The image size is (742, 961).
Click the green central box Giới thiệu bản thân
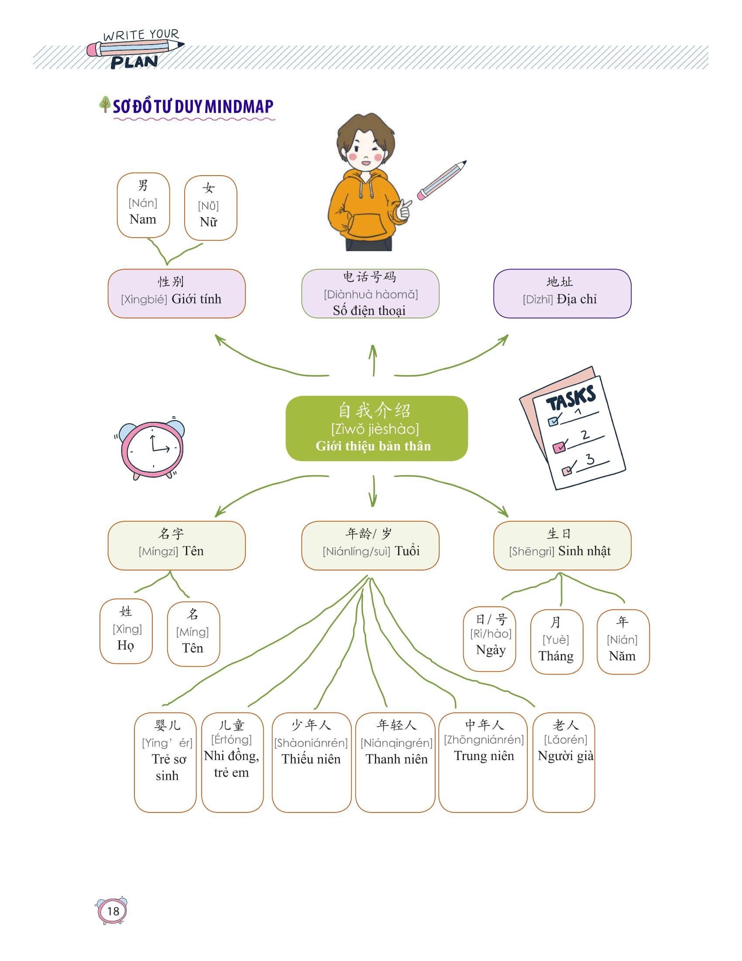376,428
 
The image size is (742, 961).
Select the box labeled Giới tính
176,294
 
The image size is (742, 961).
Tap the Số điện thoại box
370,294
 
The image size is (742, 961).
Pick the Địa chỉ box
562,294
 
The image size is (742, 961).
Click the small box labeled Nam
143,205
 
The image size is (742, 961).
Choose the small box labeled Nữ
210,207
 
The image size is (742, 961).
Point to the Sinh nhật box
562,545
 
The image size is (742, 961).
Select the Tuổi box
370,545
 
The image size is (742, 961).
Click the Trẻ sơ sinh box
165,762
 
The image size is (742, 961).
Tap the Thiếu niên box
311,762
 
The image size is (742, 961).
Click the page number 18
113,911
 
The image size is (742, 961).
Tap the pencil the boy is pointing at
441,180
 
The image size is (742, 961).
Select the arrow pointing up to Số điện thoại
373,360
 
